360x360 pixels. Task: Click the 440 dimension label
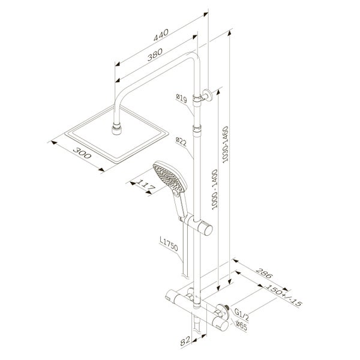coord(161,35)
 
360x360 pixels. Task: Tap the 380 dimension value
coord(155,55)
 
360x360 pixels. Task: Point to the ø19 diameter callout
coord(182,98)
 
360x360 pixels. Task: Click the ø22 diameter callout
coord(181,142)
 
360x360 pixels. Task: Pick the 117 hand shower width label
coord(146,185)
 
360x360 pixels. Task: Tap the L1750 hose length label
coord(169,244)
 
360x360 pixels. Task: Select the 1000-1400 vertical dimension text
coord(214,189)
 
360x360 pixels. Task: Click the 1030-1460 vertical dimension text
coord(226,145)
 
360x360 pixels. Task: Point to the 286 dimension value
coord(264,273)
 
